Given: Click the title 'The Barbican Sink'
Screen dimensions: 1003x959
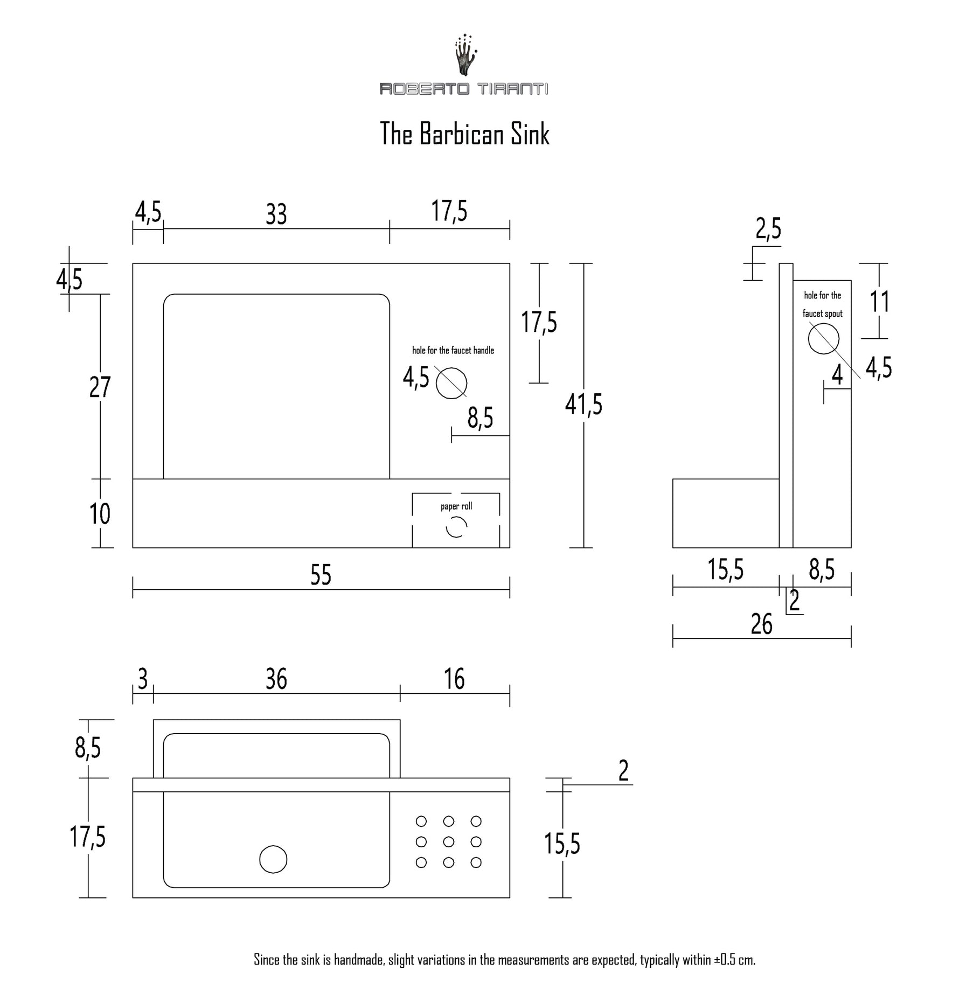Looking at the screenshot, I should [464, 134].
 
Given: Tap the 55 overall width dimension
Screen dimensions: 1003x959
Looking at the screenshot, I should [321, 575].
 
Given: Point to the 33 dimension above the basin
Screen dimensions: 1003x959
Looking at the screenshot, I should [276, 214].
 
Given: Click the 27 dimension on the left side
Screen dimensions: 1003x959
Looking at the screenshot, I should [100, 387].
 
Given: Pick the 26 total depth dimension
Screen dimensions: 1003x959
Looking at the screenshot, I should [761, 624].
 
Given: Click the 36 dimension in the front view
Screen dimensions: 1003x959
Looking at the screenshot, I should [276, 679].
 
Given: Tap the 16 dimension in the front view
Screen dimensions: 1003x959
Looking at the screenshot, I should [455, 679].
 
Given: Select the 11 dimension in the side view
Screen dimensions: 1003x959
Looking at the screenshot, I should [880, 302].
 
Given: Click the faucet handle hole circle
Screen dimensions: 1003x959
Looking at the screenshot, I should [451, 384].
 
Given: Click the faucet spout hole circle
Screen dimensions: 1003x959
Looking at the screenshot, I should [823, 339].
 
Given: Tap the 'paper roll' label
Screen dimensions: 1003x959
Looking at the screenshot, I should [456, 506].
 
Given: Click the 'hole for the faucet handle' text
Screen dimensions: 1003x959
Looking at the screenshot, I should [453, 351].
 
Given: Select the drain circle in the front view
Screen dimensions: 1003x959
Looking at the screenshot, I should [273, 859].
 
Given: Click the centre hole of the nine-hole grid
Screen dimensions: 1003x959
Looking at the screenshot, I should [448, 841].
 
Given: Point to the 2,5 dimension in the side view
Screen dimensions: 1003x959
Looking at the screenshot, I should [768, 229].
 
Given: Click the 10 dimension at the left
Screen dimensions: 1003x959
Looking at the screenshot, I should [100, 514].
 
